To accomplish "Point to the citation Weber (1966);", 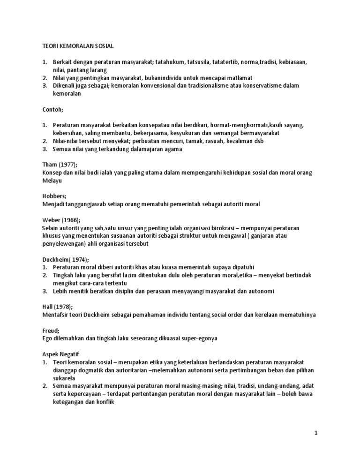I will tap(60, 220).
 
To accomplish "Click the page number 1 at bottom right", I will tap(317, 434).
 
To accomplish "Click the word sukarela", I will tap(64, 378).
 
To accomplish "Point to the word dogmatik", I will tap(88, 370).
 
